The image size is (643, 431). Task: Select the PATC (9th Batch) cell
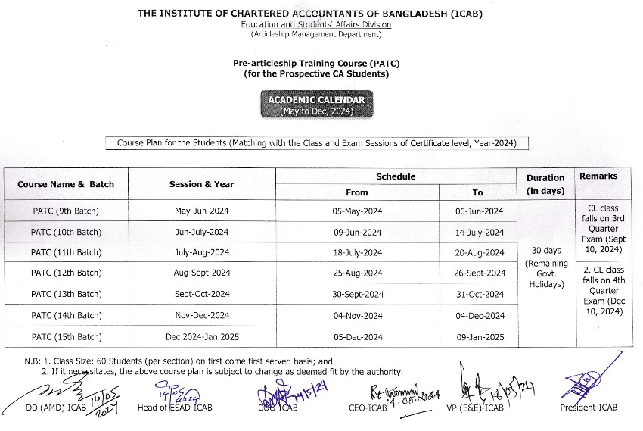[66, 211]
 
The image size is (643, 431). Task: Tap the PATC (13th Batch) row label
[66, 294]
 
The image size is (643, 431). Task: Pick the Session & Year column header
[201, 184]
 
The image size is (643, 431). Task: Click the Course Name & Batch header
[66, 184]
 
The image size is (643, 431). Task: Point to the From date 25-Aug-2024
[357, 273]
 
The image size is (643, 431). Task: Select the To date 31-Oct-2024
[480, 294]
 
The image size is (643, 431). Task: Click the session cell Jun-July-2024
[201, 232]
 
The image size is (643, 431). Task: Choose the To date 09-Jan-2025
[480, 336]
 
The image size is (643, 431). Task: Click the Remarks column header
[598, 176]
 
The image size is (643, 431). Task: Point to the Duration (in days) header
[545, 184]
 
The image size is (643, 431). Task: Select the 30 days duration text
[545, 250]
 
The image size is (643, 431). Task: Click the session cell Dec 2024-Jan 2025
[201, 336]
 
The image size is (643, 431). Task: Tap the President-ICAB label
[589, 408]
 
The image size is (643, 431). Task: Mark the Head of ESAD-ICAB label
[175, 408]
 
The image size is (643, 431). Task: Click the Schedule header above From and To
[396, 176]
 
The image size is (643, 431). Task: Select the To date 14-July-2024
[480, 232]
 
